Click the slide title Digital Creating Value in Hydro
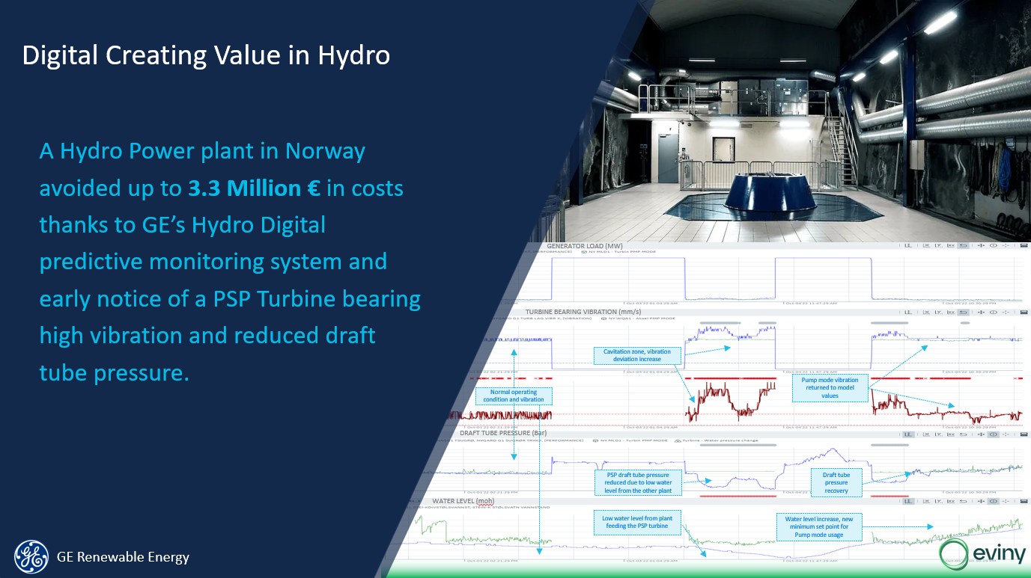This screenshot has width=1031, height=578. [x=206, y=56]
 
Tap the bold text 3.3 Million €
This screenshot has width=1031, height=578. [x=254, y=188]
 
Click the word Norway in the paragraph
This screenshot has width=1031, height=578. [x=325, y=151]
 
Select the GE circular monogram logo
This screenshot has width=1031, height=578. [x=31, y=556]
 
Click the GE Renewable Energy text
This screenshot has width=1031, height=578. [x=123, y=557]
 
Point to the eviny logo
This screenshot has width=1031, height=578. [x=980, y=554]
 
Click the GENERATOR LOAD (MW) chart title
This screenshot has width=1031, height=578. [x=584, y=246]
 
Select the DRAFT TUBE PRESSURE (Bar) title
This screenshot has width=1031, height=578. [x=505, y=433]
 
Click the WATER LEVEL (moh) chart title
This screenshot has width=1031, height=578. [x=463, y=500]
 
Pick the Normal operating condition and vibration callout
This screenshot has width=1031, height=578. [x=513, y=396]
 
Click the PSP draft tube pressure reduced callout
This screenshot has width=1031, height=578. [x=637, y=482]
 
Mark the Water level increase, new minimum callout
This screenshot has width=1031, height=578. [x=819, y=527]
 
